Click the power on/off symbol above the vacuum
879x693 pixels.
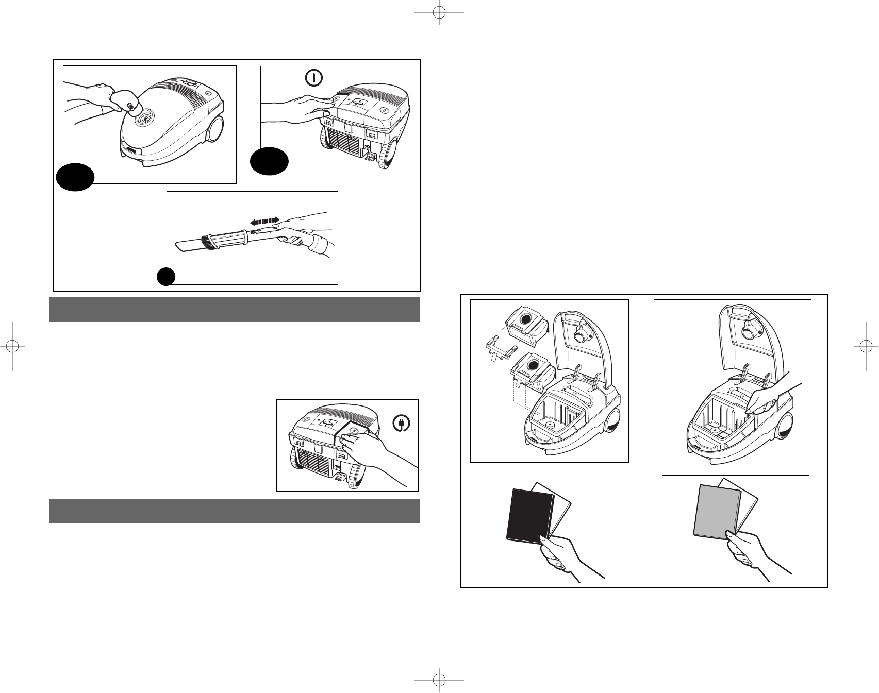[314, 78]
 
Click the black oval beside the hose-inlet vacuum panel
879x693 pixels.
[75, 178]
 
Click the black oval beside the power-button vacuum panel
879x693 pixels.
[269, 161]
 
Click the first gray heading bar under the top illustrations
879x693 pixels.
[235, 310]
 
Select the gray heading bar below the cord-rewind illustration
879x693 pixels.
[235, 511]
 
